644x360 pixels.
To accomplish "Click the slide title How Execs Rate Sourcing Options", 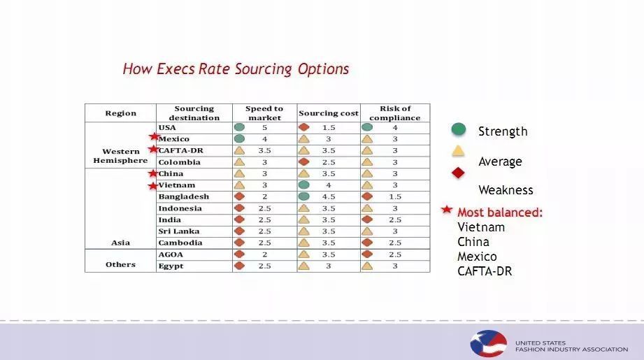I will point(236,69).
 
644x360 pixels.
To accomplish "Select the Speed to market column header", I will point(264,113).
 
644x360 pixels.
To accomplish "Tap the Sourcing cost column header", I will point(328,113).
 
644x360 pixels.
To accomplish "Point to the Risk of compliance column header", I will point(395,113).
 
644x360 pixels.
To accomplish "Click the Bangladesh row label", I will point(183,196).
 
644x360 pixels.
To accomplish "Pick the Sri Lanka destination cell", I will point(178,231).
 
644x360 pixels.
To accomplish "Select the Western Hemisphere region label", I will point(120,156).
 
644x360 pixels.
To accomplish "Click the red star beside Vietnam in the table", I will point(153,185).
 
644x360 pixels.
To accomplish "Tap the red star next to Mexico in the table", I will point(154,138).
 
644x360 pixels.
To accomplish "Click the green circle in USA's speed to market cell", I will point(239,128).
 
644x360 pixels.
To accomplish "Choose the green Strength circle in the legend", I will point(459,129).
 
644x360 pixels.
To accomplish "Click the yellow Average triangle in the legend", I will point(459,151).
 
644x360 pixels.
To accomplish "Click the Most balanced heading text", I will point(500,213).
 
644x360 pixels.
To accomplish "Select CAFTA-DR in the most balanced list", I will point(485,271).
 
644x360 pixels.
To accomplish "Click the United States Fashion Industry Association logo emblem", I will point(487,344).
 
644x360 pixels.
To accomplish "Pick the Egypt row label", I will point(171,266).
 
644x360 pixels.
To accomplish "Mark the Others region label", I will point(120,265).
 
